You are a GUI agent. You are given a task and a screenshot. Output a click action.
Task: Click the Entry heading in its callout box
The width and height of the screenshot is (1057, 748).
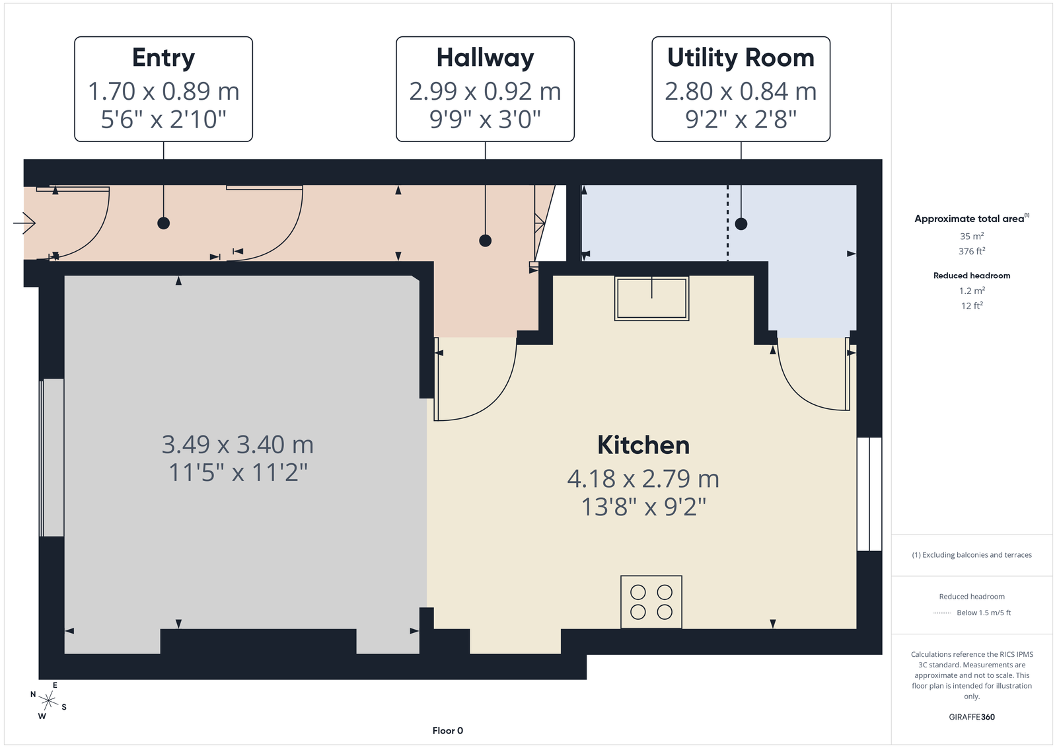pyautogui.click(x=163, y=59)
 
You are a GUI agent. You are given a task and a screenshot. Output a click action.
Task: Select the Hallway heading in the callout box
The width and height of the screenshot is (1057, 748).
pyautogui.click(x=485, y=59)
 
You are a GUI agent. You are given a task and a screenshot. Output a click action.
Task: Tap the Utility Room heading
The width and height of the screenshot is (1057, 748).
pyautogui.click(x=741, y=59)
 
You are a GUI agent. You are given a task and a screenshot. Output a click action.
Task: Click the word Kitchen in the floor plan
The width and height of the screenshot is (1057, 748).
pyautogui.click(x=643, y=445)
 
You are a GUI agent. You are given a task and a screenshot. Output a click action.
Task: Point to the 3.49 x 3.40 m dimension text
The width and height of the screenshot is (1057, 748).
pyautogui.click(x=237, y=445)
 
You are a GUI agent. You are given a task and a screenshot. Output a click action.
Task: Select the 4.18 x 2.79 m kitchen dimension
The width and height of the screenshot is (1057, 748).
pyautogui.click(x=643, y=479)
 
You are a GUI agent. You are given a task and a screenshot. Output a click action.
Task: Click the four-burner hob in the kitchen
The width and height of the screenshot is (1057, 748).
pyautogui.click(x=651, y=602)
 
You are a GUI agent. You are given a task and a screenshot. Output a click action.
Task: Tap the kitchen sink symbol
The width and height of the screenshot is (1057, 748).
pyautogui.click(x=651, y=298)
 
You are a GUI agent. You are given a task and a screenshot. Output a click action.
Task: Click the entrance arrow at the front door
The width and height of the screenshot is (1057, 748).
pyautogui.click(x=24, y=223)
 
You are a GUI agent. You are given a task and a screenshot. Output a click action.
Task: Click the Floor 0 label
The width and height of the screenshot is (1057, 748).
pyautogui.click(x=447, y=731)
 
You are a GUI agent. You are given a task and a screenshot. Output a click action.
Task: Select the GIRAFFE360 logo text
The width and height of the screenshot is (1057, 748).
pyautogui.click(x=972, y=717)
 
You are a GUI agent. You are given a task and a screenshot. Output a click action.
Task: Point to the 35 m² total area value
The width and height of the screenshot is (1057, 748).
pyautogui.click(x=972, y=236)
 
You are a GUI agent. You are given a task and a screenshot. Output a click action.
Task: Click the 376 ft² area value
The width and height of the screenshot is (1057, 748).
pyautogui.click(x=972, y=251)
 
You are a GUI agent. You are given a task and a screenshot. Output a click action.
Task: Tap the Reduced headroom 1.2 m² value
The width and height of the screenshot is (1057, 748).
pyautogui.click(x=972, y=291)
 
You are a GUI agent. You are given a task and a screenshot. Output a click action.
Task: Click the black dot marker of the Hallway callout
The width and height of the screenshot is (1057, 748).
pyautogui.click(x=485, y=241)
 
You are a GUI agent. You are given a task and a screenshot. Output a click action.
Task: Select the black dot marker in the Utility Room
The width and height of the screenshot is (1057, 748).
pyautogui.click(x=741, y=224)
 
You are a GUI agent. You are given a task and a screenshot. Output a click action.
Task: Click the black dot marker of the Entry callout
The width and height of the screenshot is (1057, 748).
pyautogui.click(x=163, y=223)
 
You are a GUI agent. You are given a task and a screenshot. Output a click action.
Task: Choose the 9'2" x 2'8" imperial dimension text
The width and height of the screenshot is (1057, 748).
pyautogui.click(x=741, y=120)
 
